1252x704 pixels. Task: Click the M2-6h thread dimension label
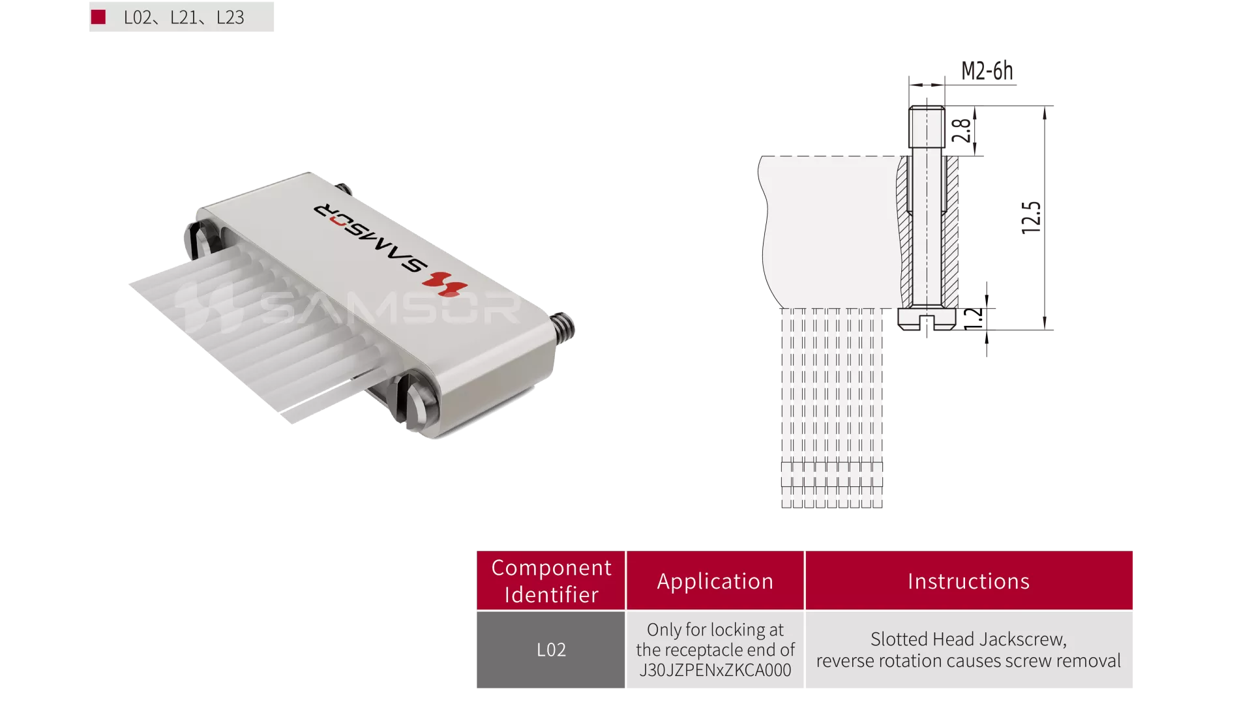tap(987, 70)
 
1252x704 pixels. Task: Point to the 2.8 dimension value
tap(961, 130)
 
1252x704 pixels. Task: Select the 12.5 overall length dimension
tap(1031, 217)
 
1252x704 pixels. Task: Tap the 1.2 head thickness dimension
tap(973, 319)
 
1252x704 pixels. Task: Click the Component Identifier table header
tap(551, 581)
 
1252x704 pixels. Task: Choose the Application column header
tap(715, 581)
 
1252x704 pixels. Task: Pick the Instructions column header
tap(969, 581)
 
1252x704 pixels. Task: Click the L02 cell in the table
tap(551, 649)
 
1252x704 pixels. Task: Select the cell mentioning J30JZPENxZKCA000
tap(715, 649)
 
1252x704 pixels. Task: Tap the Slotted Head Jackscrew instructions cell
tap(969, 649)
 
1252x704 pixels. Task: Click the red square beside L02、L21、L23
tap(98, 17)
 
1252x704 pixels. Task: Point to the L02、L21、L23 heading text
tap(184, 18)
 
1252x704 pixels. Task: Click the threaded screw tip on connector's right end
tap(563, 327)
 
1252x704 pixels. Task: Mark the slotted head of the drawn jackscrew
tap(927, 319)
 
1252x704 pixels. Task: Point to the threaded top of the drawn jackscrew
tap(927, 126)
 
